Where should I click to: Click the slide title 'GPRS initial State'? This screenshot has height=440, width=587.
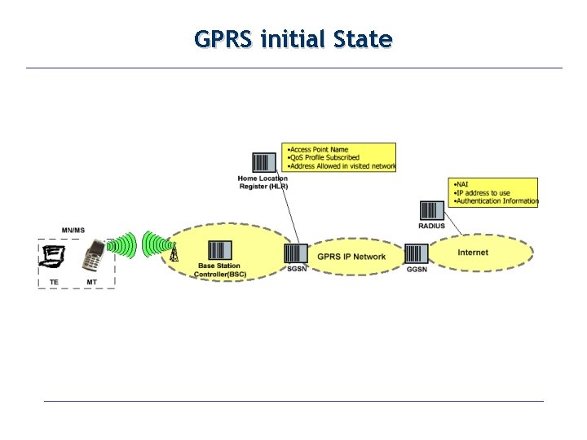pos(293,38)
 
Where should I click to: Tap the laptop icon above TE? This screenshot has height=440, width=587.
pos(54,257)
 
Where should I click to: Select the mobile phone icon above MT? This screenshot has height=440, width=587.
pos(94,257)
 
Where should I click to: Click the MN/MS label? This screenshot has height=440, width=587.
pos(73,231)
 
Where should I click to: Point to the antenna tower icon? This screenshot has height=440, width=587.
pos(173,253)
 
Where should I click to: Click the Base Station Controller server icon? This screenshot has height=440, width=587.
pos(219,250)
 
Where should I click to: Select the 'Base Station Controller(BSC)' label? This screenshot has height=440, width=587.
pos(219,271)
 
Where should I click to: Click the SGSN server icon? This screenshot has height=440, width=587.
pos(295,253)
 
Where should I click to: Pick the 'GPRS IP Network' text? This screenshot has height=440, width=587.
pos(351,257)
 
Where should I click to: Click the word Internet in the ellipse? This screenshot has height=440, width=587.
pos(473,253)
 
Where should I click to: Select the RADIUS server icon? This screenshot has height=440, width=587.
pos(431,210)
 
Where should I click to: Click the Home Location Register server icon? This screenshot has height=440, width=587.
pos(264,164)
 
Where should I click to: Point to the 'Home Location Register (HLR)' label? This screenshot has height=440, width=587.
pos(263,183)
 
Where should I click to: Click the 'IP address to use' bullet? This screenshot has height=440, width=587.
pos(483,192)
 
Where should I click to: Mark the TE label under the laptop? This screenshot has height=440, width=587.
pos(54,282)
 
